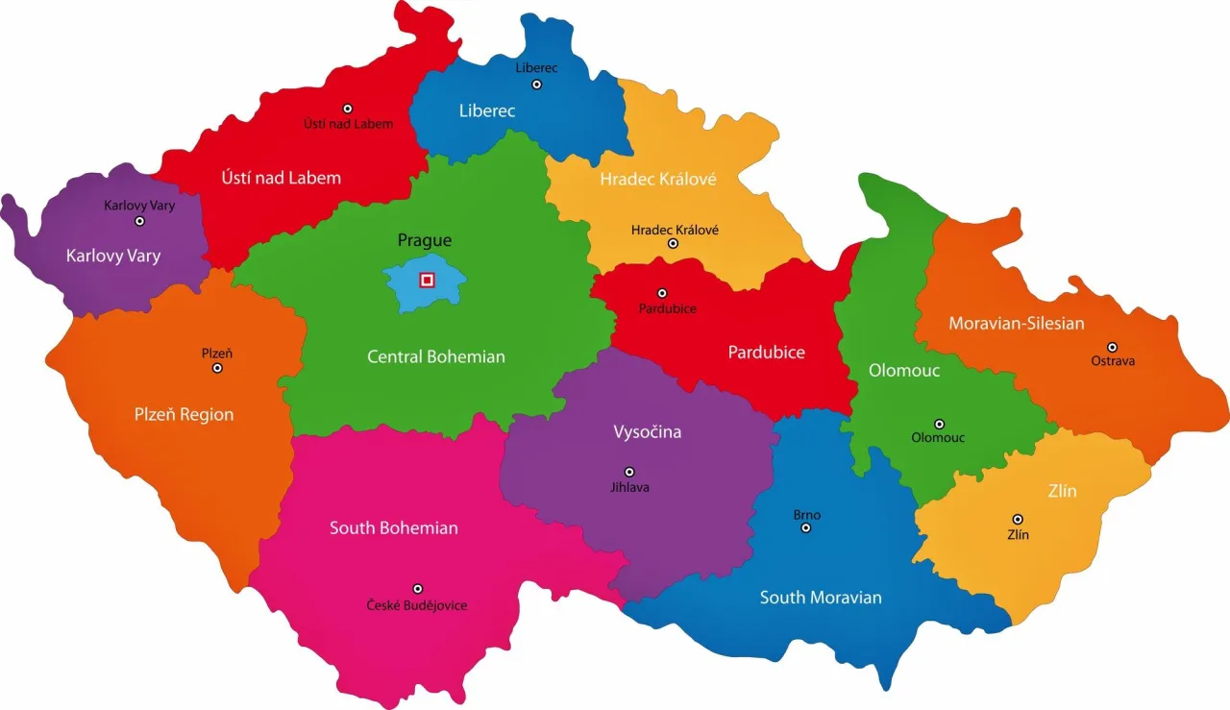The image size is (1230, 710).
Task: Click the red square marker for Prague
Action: pyautogui.click(x=427, y=280)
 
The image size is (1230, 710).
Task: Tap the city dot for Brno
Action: pyautogui.click(x=806, y=527)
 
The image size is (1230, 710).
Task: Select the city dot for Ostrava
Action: pyautogui.click(x=1112, y=347)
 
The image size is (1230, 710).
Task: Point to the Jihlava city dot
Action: pyautogui.click(x=629, y=472)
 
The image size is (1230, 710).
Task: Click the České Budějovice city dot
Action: pyautogui.click(x=417, y=589)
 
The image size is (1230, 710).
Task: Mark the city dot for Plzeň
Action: pyautogui.click(x=217, y=368)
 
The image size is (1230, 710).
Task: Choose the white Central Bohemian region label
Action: pyautogui.click(x=435, y=356)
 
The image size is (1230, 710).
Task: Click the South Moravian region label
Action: pyautogui.click(x=821, y=598)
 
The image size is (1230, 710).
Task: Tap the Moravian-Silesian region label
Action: pyautogui.click(x=1016, y=323)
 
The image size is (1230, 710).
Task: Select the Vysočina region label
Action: pyautogui.click(x=647, y=431)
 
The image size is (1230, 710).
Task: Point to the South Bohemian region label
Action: pyautogui.click(x=393, y=527)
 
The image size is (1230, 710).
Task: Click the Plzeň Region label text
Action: pyautogui.click(x=184, y=414)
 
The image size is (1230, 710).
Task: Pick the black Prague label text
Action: pyautogui.click(x=424, y=240)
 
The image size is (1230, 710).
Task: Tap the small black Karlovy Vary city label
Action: pyautogui.click(x=139, y=206)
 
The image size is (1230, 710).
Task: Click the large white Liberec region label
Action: pyautogui.click(x=486, y=110)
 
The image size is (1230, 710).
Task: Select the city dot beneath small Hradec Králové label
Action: pyautogui.click(x=673, y=244)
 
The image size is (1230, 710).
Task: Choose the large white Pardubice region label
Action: pyautogui.click(x=766, y=352)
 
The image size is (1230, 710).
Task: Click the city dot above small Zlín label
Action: pyautogui.click(x=1018, y=519)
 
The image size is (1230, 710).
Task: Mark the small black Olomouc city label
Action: pyautogui.click(x=938, y=438)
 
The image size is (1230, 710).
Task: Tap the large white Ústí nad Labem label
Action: pyautogui.click(x=281, y=178)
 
